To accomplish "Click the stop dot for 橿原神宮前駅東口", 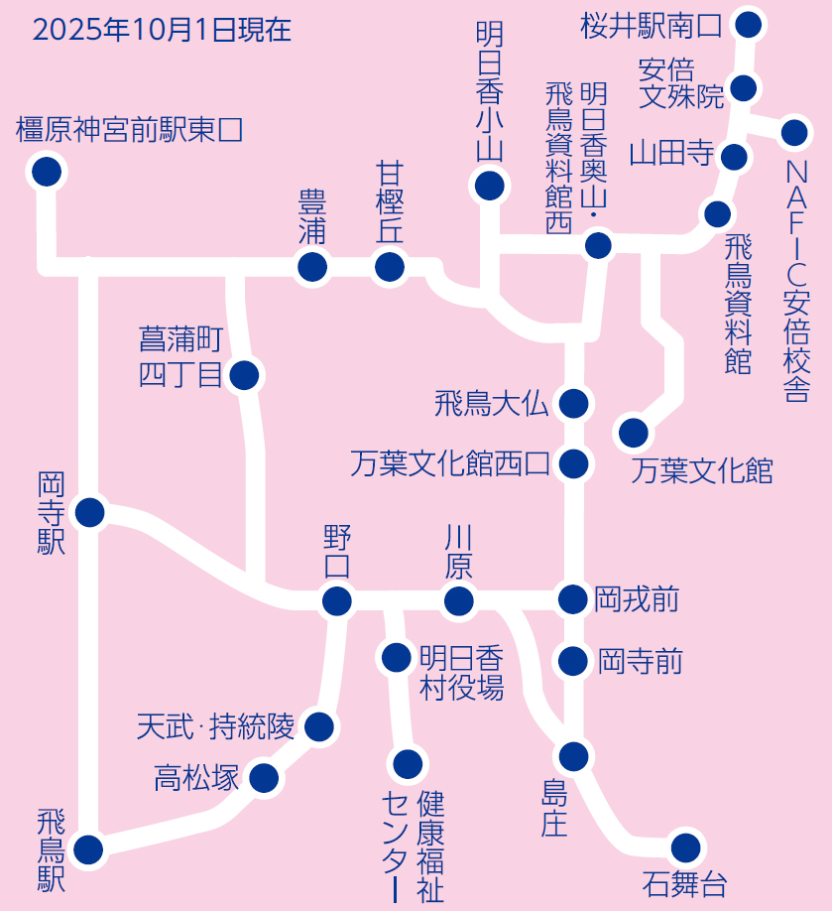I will (x=45, y=173).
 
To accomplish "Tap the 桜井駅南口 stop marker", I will (x=749, y=24).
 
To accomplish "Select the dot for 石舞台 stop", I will (x=685, y=847).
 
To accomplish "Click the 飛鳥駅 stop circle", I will (x=88, y=849).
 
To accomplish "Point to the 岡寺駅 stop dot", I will (x=89, y=513).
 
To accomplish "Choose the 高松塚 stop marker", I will (x=263, y=777).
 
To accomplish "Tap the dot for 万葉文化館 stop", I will (x=633, y=433).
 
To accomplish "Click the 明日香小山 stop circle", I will (x=489, y=186).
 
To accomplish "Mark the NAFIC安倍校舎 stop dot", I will (x=794, y=132).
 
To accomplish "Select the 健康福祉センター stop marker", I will (x=408, y=763).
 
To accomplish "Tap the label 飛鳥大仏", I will (x=491, y=404).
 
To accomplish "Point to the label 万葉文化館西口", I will (x=449, y=463).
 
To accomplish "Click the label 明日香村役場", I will (x=461, y=673).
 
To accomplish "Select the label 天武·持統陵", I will (x=215, y=727).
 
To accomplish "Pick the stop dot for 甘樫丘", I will (x=390, y=266).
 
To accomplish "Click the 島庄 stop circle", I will (x=573, y=756).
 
